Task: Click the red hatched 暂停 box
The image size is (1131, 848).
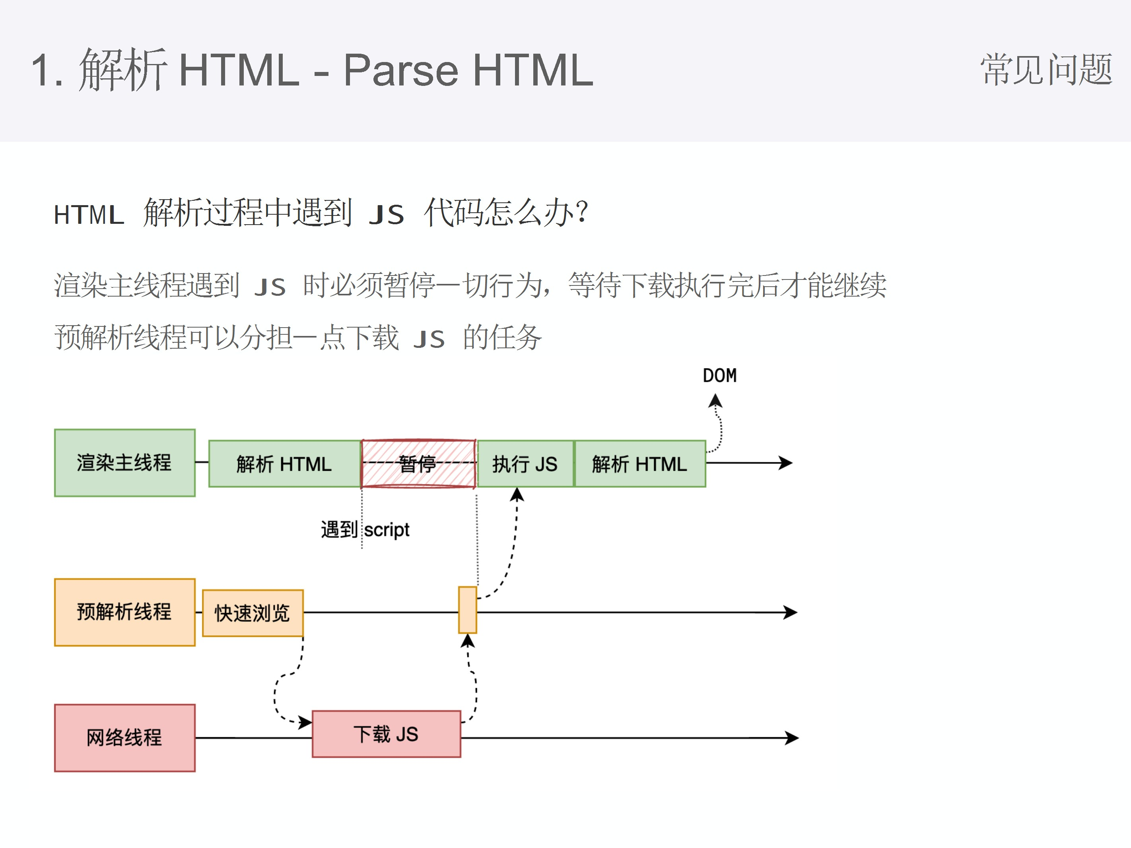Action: point(418,464)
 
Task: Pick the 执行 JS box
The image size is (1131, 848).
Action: point(525,464)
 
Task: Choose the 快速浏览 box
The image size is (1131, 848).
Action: point(253,613)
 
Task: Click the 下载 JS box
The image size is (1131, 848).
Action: point(386,734)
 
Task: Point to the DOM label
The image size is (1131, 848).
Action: point(719,376)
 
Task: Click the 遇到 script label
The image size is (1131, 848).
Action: point(365,530)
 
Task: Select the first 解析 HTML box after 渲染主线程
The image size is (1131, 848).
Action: point(284,464)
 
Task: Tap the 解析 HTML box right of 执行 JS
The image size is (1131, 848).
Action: point(639,464)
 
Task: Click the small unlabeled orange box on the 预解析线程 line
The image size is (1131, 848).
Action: point(467,610)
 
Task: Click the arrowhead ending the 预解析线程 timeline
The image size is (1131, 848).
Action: point(791,612)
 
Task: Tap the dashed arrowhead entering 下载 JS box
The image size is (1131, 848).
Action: point(306,722)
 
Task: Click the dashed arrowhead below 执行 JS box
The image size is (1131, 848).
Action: point(517,494)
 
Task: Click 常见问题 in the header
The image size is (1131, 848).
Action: point(1046,70)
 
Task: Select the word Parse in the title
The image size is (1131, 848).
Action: point(400,70)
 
